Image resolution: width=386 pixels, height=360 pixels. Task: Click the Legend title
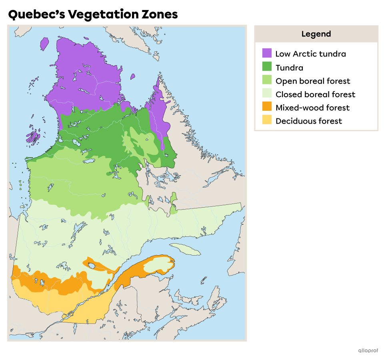[316, 34]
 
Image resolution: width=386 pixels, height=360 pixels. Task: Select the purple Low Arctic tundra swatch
[267, 53]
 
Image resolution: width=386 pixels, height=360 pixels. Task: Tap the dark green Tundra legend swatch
[267, 67]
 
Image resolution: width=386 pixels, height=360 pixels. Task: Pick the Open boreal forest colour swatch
[267, 80]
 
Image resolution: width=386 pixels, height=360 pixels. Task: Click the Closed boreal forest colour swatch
[267, 94]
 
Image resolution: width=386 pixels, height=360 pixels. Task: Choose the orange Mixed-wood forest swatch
[267, 107]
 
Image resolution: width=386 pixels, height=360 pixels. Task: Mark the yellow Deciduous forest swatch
[267, 120]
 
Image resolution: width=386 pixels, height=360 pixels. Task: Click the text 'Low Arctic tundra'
[310, 54]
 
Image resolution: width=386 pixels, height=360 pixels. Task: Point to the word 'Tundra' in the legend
[289, 68]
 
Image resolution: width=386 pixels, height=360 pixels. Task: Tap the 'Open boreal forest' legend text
[312, 81]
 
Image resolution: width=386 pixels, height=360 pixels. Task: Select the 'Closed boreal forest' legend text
[315, 94]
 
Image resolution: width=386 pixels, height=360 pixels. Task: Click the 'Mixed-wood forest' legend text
[312, 108]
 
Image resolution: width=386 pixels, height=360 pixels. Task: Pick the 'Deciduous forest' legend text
[308, 121]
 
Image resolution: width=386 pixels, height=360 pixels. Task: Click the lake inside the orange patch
[92, 266]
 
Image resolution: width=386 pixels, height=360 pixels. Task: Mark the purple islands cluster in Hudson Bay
[33, 135]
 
